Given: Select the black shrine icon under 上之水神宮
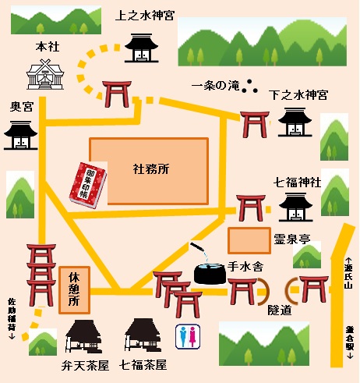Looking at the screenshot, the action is [x=141, y=48].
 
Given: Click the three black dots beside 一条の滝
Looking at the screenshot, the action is [x=250, y=87].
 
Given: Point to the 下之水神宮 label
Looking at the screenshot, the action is [x=298, y=94].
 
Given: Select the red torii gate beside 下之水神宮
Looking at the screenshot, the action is [x=254, y=126].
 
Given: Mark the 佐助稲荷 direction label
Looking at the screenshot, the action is [x=11, y=319].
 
